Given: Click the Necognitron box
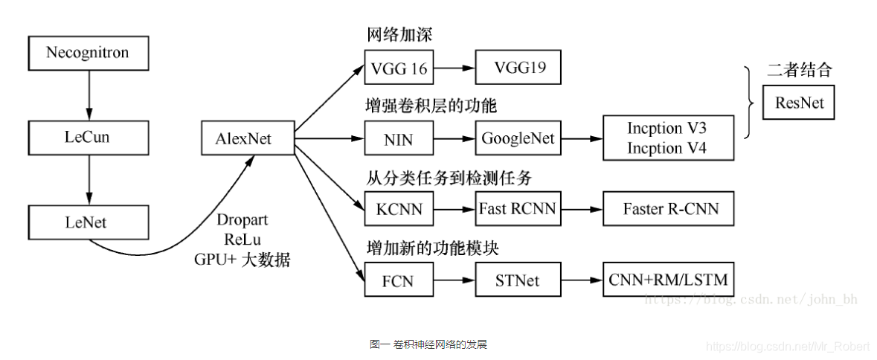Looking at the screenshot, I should [x=88, y=53].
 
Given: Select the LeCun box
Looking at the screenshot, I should [x=88, y=137].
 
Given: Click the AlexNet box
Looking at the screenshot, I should [x=248, y=138].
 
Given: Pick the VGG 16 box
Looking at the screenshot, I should [x=399, y=68].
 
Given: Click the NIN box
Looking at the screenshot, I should [x=399, y=138].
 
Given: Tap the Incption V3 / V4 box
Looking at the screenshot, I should [x=666, y=138].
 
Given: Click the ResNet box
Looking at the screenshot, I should [x=799, y=103].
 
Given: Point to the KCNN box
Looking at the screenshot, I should [x=399, y=209].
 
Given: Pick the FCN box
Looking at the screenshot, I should [x=399, y=281].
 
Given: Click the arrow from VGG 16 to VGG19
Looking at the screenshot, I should [x=454, y=68].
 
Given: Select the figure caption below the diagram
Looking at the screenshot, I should [x=428, y=344].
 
